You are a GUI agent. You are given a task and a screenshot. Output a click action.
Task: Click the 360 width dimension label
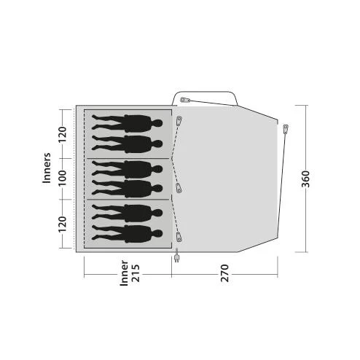[x=305, y=179]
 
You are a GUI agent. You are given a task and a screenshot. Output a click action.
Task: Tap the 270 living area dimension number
[x=224, y=273]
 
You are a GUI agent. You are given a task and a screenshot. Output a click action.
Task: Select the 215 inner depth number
[x=136, y=273]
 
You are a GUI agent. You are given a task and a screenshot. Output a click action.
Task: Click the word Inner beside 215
[x=124, y=273]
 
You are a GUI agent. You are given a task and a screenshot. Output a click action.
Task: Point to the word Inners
[x=47, y=168]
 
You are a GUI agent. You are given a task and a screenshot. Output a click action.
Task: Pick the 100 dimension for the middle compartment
[x=62, y=178]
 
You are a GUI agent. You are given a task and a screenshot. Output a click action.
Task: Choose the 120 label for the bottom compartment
[x=62, y=224]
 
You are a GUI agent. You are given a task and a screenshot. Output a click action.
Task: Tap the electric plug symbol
[x=176, y=256]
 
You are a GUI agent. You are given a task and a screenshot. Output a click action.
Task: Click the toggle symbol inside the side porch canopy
[x=185, y=100]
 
